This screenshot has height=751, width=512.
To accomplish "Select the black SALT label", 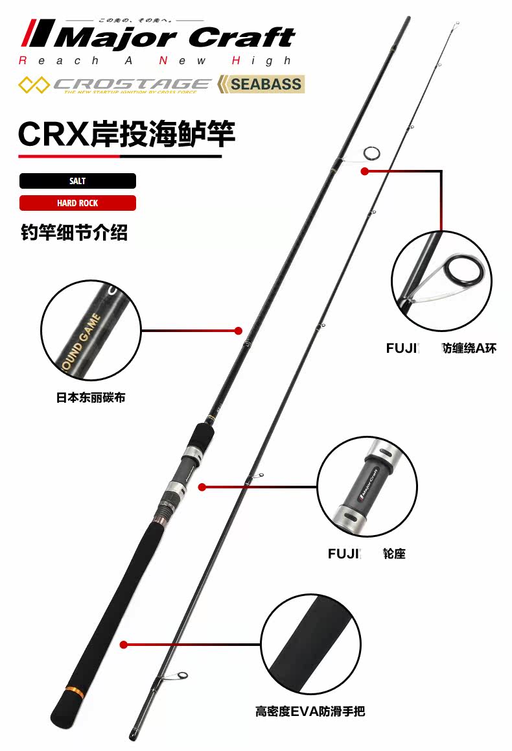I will click(77, 181).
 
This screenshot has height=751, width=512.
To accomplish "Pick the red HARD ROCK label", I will click(77, 203).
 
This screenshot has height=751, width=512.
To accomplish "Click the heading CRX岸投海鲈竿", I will click(126, 133).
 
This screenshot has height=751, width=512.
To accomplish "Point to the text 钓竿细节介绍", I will click(74, 232).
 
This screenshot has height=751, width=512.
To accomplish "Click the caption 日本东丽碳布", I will click(90, 397).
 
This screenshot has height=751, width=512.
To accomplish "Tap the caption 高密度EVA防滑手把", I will click(310, 711).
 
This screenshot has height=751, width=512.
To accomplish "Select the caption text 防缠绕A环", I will click(469, 348).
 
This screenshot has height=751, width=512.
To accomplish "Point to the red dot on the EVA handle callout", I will click(123, 644).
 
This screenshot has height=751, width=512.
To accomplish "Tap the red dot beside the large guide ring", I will click(364, 172).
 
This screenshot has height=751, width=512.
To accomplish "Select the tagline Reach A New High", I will click(156, 61).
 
